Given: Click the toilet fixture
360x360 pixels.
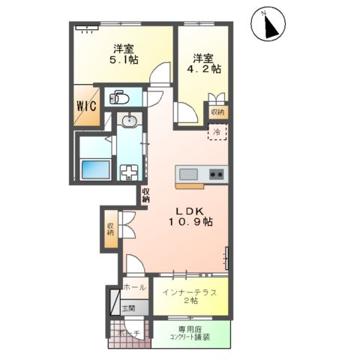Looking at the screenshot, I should coord(119,96).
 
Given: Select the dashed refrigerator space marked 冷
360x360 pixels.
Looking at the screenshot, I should coord(216,133).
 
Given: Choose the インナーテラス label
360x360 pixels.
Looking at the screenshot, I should coord(190,289).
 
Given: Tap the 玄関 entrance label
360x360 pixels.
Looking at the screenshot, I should coord(128,307).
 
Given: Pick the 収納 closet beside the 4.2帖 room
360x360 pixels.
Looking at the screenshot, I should coord(217,112).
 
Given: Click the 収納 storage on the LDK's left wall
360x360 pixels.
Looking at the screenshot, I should coord(111,227).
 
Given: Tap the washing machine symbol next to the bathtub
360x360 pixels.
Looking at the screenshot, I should coord(129,171).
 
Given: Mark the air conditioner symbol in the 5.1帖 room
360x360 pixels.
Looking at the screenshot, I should coord(87,28).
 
